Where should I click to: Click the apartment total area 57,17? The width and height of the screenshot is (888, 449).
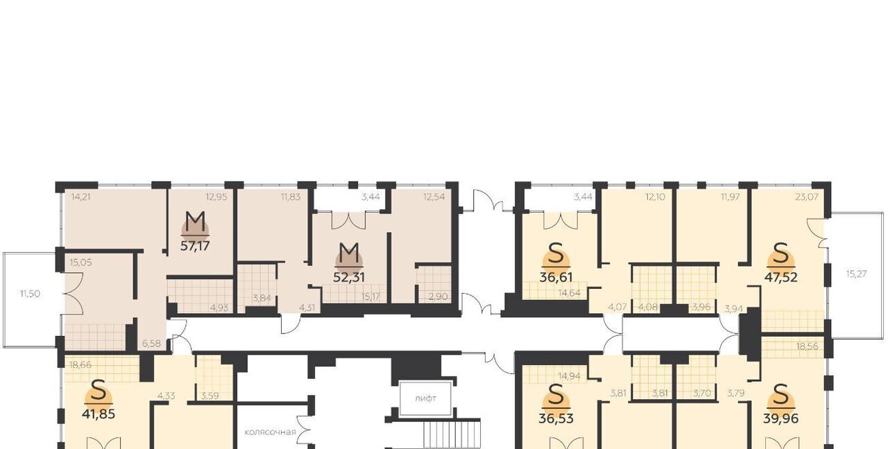[195, 246]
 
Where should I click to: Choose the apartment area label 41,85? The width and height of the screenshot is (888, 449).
[99, 414]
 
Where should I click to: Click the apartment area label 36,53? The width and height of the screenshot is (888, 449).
[556, 419]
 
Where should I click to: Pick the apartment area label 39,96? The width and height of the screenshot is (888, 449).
[781, 419]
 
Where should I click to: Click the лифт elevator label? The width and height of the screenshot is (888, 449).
[426, 398]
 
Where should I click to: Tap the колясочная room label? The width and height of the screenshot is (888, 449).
[271, 432]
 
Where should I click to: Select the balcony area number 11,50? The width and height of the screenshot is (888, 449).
[30, 294]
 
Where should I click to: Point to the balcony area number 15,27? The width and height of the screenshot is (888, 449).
[857, 274]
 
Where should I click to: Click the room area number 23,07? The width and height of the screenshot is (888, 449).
[807, 197]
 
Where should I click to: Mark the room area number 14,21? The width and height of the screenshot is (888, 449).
[81, 197]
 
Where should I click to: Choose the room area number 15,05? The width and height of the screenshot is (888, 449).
[81, 263]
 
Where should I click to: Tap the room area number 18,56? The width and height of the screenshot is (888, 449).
[807, 346]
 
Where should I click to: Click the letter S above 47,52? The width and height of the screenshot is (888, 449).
[781, 253]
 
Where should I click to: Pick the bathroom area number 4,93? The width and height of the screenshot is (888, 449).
[219, 308]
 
